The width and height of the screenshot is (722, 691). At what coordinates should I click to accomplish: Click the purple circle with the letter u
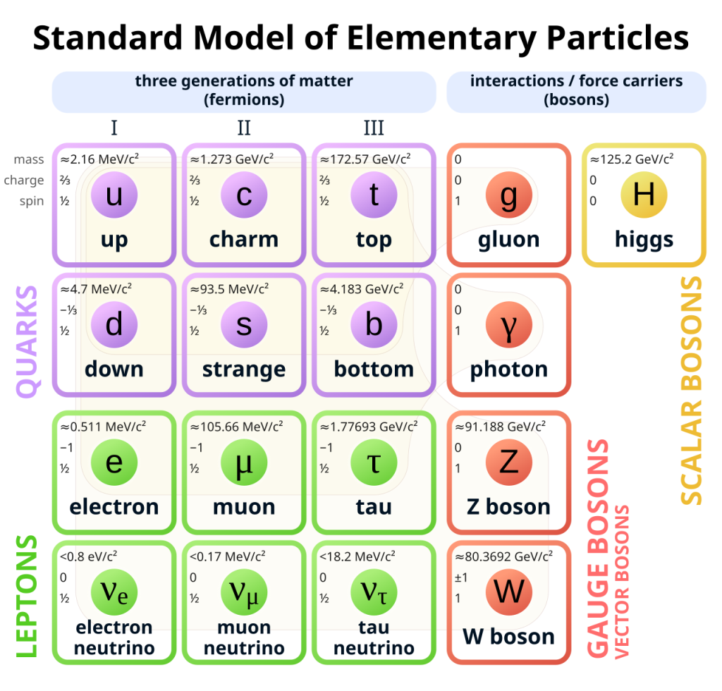pos(114,195)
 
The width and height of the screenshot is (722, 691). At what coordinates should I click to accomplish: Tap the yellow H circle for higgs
pos(644,195)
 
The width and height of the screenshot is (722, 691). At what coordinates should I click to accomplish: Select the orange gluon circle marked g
pos(509,195)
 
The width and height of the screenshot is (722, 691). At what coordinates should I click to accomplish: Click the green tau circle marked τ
pos(374,463)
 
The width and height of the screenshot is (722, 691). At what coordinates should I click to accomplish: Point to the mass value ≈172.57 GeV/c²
pos(366,159)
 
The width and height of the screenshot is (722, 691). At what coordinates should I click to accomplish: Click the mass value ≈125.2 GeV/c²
pos(632,159)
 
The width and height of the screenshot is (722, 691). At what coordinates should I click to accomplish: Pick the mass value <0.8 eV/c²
pos(88,556)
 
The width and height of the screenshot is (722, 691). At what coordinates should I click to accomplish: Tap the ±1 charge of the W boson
pos(461,577)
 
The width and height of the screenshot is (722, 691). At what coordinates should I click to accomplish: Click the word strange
pos(244,369)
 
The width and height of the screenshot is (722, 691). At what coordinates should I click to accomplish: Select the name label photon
pos(509,369)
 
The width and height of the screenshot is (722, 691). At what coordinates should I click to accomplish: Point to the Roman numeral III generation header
pos(374,128)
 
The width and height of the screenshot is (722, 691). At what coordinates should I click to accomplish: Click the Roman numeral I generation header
pos(114,128)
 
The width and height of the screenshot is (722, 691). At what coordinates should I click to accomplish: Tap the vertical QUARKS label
pos(27,341)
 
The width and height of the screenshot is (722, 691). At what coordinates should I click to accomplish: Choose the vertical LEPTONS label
pos(27,597)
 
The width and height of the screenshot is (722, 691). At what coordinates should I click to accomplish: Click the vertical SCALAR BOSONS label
pos(691,391)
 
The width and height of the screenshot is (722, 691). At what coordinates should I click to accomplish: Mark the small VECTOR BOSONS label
pos(622,582)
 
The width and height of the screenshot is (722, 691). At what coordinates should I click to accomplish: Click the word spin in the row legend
pos(32,201)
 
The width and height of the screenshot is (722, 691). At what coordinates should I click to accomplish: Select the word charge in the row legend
pos(24,180)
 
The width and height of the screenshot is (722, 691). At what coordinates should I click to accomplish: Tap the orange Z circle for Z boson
pos(509,463)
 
